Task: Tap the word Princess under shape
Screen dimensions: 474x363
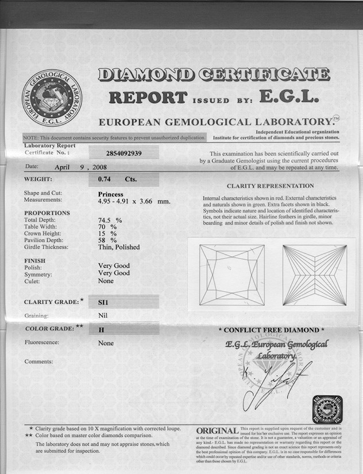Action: click(111, 194)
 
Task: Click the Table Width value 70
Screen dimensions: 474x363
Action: click(103, 227)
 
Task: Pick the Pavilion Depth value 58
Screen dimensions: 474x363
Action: click(103, 241)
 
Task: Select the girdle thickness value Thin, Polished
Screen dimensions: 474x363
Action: click(119, 248)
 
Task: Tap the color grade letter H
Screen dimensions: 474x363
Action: click(101, 330)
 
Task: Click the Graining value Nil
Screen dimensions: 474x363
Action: click(103, 315)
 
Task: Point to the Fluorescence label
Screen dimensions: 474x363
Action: click(43, 343)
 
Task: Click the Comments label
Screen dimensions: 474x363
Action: click(38, 362)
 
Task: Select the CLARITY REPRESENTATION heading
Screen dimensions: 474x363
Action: click(270, 186)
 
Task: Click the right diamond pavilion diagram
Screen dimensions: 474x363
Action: click(314, 275)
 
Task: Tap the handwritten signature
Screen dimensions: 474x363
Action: click(276, 383)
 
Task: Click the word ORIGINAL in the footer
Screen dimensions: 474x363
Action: click(217, 430)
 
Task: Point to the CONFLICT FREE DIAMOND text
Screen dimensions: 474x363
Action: click(271, 330)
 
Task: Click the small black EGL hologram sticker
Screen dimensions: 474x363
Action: click(324, 409)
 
